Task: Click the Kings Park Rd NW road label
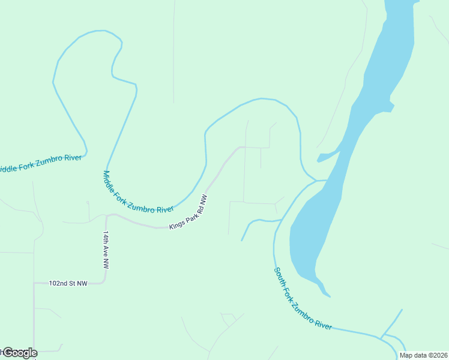tap(188, 212)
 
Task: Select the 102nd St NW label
tap(70, 283)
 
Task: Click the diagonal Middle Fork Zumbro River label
tap(137, 193)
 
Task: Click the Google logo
tap(19, 353)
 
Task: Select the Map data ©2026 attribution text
tap(423, 355)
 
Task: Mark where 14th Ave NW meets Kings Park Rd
tap(107, 215)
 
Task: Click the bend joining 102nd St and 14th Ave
tap(106, 282)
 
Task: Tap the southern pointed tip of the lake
tap(328, 295)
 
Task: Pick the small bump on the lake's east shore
tap(392, 108)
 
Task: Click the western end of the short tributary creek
tap(242, 241)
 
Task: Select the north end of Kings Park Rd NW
tap(241, 147)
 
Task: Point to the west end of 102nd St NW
tap(34, 283)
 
